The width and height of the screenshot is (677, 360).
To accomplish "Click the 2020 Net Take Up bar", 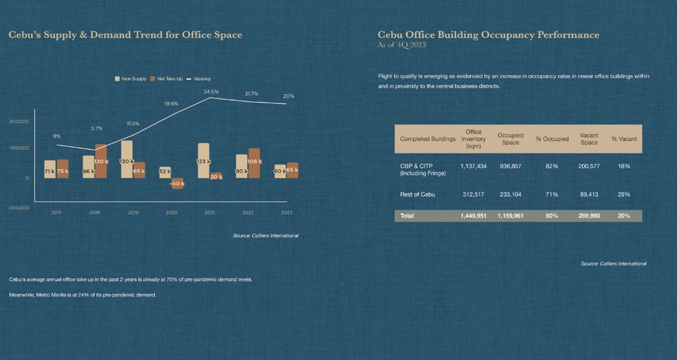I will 177,183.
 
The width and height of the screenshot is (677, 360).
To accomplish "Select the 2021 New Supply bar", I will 204,160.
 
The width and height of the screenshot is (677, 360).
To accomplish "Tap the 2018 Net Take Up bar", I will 101,161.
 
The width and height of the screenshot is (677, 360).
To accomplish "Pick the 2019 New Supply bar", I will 127,159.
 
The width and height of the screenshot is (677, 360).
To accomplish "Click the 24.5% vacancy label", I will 211,91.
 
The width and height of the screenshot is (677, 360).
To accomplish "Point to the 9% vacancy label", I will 56,135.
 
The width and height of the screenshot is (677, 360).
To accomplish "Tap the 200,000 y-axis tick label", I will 19,121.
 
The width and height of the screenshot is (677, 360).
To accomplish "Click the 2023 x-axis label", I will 286,212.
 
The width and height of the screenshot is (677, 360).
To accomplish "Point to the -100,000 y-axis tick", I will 18,207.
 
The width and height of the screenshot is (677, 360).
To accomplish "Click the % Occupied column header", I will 552,138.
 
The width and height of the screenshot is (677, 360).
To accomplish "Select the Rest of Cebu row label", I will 418,194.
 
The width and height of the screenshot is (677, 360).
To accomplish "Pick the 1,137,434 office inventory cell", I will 473,165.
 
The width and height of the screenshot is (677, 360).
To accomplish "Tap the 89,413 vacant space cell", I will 589,194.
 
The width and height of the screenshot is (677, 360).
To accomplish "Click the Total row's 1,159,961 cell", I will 510,215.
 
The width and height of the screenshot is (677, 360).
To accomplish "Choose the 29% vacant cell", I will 624,194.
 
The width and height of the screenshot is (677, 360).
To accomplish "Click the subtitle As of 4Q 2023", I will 403,45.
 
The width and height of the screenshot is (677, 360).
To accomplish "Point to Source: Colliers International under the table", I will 614,264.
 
